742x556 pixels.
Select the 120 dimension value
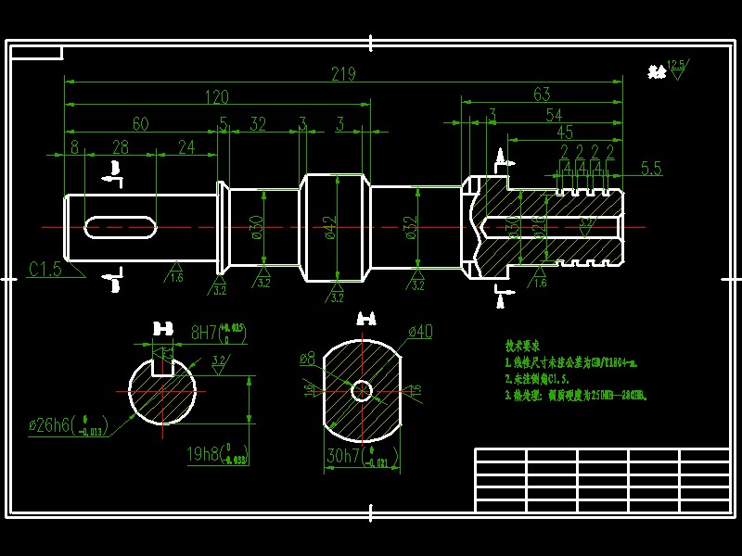pos(216,97)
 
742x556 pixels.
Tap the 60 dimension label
pos(140,122)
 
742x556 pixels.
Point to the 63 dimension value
pos(542,94)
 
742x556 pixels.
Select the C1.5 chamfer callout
pos(45,269)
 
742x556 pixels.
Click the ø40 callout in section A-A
pos(419,332)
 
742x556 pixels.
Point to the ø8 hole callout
pos(307,357)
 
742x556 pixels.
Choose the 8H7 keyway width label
pos(204,331)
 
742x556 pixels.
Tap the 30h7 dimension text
pos(344,455)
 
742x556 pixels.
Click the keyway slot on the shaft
pos(120,226)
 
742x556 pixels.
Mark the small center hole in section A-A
pos(361,390)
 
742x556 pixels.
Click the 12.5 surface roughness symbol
pos(674,68)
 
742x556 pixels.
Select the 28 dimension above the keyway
pos(120,146)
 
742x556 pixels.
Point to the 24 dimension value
pos(186,146)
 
